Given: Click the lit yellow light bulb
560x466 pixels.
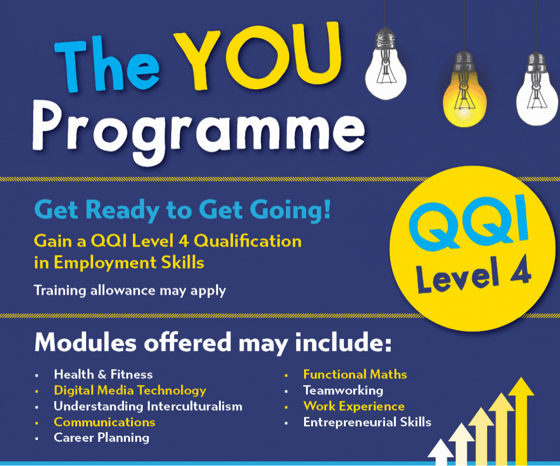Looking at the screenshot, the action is [x=464, y=89].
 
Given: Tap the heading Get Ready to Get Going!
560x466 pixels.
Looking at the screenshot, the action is [x=183, y=210].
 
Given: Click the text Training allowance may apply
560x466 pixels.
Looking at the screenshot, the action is [x=130, y=290].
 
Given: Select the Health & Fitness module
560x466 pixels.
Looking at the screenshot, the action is [x=103, y=374].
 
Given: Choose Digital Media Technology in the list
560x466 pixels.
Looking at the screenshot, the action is [x=130, y=390].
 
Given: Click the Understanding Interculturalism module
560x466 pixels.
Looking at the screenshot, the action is [x=148, y=406].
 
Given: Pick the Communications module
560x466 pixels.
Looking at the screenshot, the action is [x=105, y=422].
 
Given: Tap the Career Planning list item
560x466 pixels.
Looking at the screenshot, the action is [x=101, y=438].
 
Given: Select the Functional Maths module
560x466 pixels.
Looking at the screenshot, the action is [x=355, y=374].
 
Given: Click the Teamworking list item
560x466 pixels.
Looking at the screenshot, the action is [x=343, y=390].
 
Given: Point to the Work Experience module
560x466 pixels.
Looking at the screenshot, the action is [x=354, y=406].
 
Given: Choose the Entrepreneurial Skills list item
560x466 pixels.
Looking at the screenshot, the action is [x=367, y=422].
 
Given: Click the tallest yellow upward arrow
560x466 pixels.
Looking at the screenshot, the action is [x=521, y=422].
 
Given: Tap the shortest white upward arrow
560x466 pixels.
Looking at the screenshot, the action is [x=441, y=453].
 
